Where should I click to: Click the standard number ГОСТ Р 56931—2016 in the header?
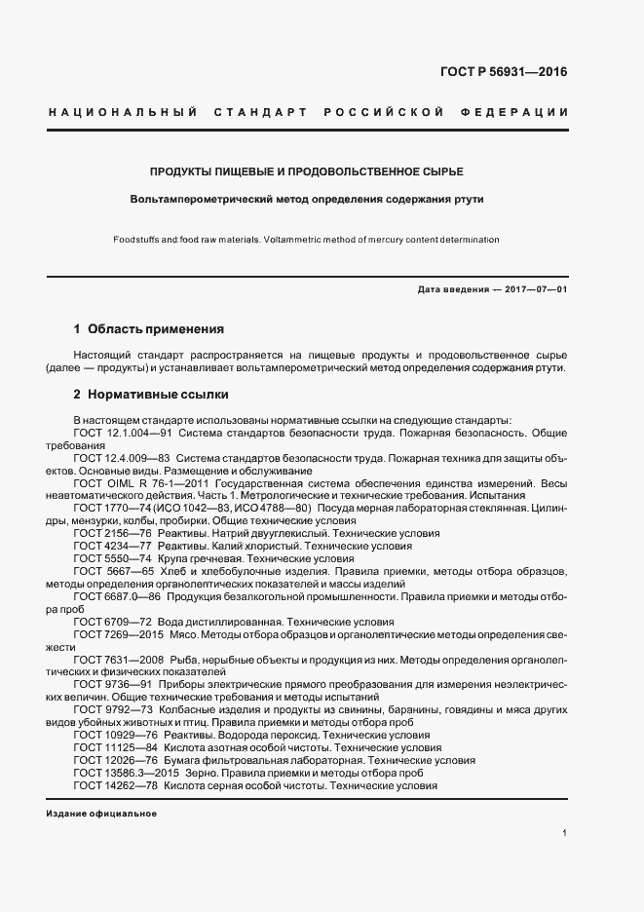point(504,71)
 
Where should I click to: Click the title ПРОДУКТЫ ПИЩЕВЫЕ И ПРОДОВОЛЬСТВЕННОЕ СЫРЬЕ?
point(306,171)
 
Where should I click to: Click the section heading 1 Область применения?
point(149,329)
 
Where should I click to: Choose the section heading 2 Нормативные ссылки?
point(151,396)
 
